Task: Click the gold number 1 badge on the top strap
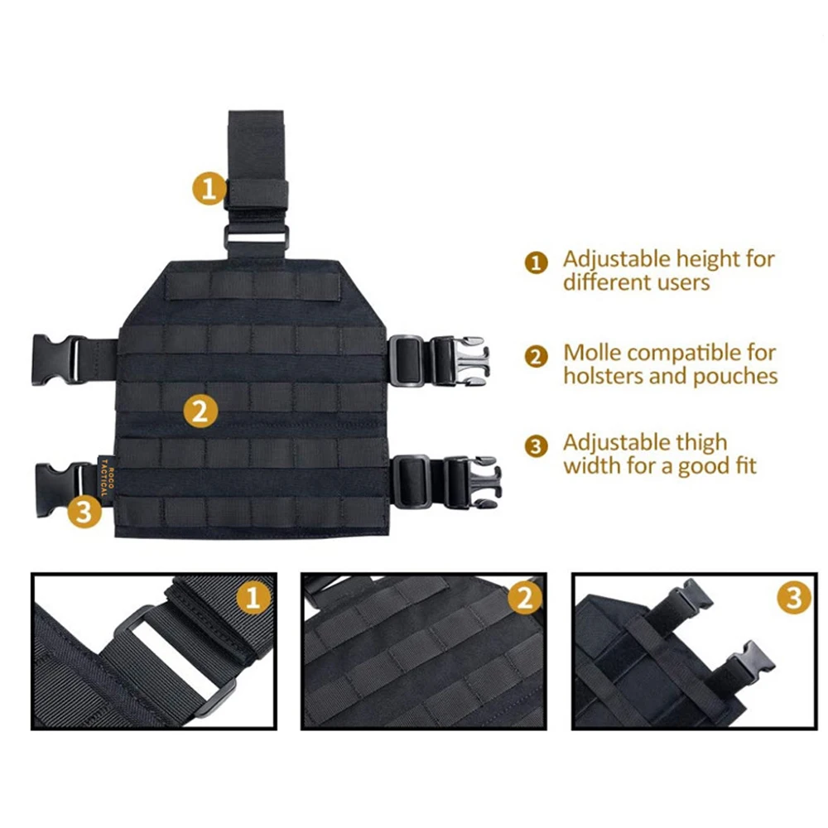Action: tap(209, 188)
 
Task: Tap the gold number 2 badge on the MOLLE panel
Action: tap(200, 411)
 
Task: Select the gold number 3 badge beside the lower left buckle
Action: tap(84, 511)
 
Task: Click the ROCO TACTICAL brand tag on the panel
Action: tap(104, 476)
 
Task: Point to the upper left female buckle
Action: tap(57, 359)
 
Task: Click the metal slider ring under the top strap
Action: tap(257, 236)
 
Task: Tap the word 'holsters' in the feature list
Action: tap(603, 375)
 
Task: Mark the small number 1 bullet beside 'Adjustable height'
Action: tap(536, 262)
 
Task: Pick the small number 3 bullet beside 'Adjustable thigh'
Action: tap(536, 447)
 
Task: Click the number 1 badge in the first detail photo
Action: tap(253, 597)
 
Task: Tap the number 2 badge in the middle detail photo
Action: tap(525, 597)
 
